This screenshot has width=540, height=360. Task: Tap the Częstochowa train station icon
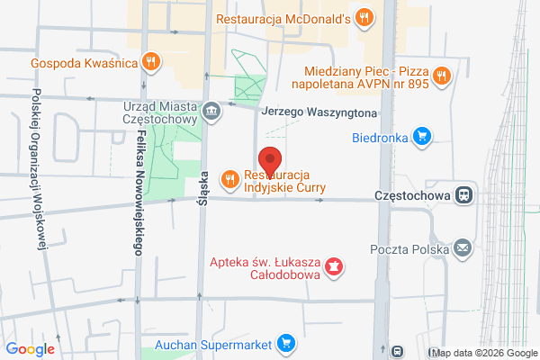tap(463, 194)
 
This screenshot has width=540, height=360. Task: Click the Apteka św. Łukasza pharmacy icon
tap(334, 266)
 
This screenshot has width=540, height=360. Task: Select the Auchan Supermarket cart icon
tap(285, 342)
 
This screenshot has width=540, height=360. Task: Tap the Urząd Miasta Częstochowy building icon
tap(211, 112)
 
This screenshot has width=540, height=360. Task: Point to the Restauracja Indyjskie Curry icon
tap(230, 179)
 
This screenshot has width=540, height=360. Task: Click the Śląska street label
tap(203, 190)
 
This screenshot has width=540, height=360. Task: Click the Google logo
tap(31, 349)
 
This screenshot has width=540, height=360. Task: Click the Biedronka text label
tap(378, 138)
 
